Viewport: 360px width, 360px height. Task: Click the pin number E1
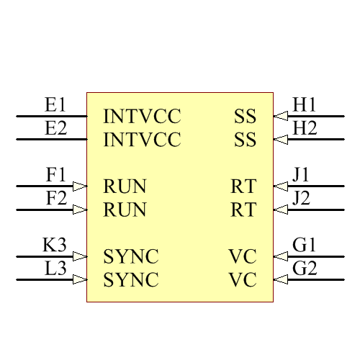[55, 105]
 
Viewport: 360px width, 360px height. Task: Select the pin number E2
[55, 129]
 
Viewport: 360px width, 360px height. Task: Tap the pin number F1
[55, 176]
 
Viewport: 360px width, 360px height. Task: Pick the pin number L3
[55, 269]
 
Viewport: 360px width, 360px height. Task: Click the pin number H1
[305, 105]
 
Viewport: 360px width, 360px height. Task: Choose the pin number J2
[302, 199]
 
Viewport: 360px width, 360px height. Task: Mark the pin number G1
[305, 246]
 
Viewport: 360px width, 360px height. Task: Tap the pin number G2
[305, 269]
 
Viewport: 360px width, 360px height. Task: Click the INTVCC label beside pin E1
[142, 117]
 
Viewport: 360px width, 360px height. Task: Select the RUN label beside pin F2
[125, 210]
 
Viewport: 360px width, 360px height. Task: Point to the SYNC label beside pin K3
[131, 257]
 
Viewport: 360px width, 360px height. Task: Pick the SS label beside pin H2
[245, 140]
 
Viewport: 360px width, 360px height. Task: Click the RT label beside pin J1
[243, 187]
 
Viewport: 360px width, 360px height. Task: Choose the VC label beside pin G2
[243, 280]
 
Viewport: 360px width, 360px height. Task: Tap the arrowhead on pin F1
[80, 186]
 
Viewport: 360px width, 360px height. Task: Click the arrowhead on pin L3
[80, 279]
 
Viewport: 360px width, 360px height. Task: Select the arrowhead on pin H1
[281, 116]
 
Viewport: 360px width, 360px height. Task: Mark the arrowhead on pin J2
[281, 210]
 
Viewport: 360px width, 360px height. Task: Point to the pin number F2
[55, 199]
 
